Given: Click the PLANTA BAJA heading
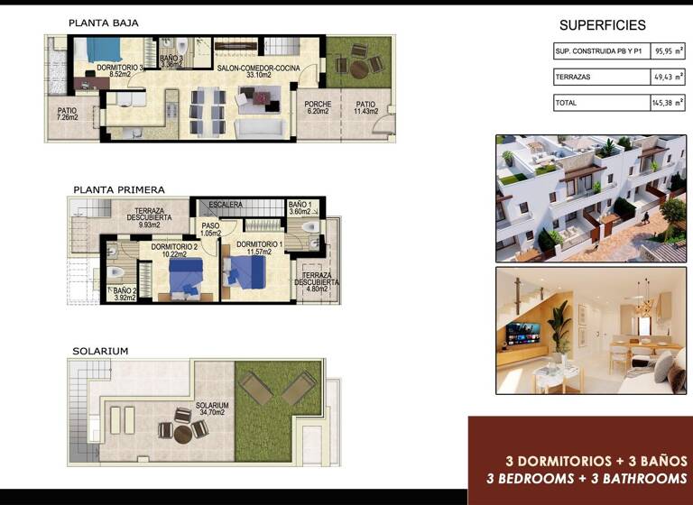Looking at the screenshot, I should click(x=104, y=23).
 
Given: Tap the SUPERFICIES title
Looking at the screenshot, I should click(x=603, y=25).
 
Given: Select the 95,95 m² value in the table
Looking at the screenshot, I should click(x=668, y=52).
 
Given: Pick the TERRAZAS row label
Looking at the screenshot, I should click(x=572, y=78).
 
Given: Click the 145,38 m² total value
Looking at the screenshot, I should click(x=668, y=103).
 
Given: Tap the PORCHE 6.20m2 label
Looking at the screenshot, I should click(x=317, y=107).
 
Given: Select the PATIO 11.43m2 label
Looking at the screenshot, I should click(x=365, y=107).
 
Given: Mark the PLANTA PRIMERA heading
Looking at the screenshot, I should click(x=118, y=189).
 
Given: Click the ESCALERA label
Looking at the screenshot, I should click(x=226, y=206).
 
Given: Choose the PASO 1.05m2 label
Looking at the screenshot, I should click(x=211, y=230).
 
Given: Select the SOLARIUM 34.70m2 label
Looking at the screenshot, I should click(x=212, y=410).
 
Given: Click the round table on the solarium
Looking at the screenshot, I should click(x=182, y=434).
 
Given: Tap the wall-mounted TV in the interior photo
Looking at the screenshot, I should click(x=522, y=333).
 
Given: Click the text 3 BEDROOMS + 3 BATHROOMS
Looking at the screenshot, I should click(x=587, y=478).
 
